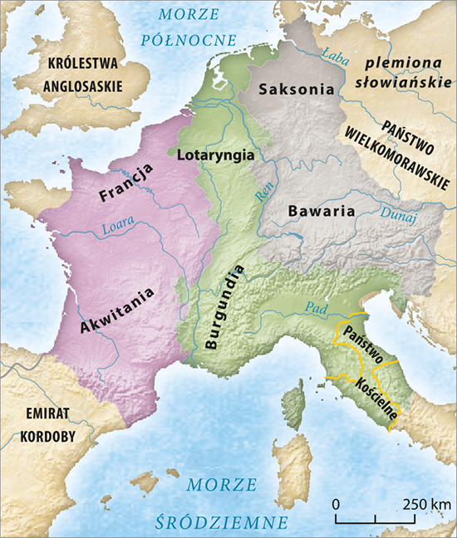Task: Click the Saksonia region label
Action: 296,90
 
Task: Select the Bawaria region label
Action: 321,211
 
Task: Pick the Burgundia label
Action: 222,307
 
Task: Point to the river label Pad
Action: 316,307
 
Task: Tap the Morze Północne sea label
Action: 190,27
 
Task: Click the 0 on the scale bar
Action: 336,504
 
